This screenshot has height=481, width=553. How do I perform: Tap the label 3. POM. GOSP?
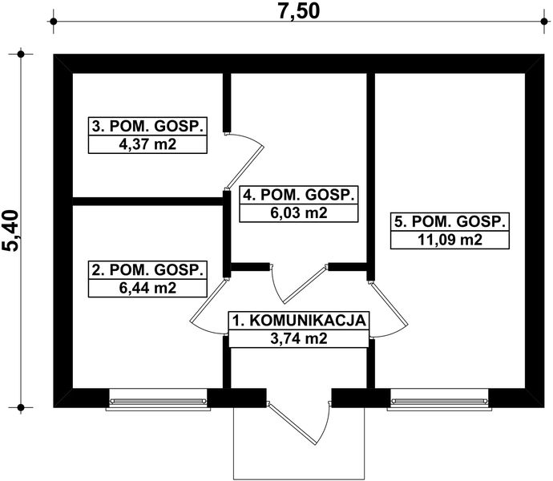click(147, 127)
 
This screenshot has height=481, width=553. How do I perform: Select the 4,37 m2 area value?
click(147, 144)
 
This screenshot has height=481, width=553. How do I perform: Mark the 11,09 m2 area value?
click(449, 240)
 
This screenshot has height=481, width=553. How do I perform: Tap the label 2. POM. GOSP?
click(147, 269)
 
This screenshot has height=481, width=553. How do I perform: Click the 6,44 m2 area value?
click(147, 287)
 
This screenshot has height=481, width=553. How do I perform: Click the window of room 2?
click(157, 398)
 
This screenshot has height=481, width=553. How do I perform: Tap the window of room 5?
click(440, 398)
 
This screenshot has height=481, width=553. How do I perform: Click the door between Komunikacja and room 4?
click(301, 285)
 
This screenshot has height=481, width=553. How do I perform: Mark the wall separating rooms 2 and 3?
click(147, 200)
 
